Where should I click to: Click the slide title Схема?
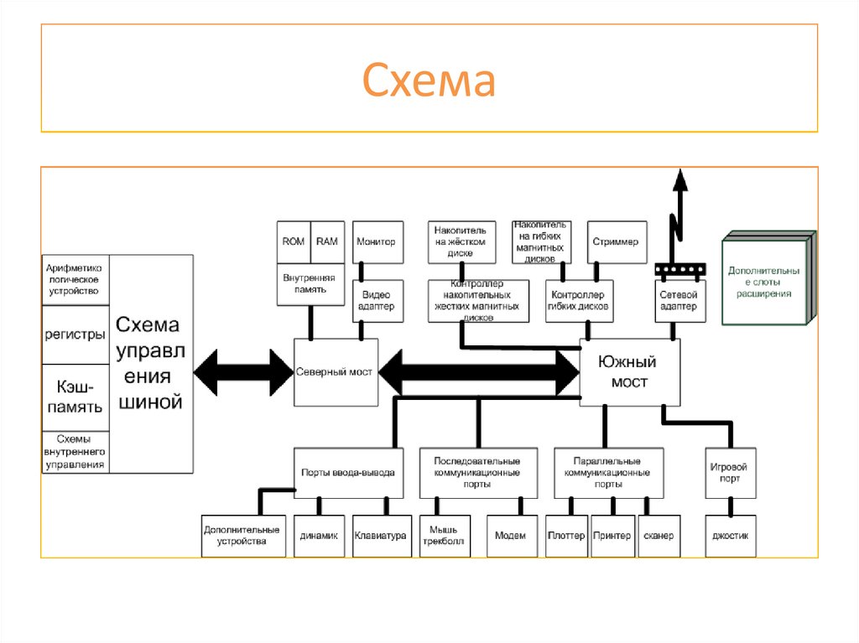[429, 81]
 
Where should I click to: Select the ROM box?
[294, 241]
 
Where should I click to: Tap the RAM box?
[327, 241]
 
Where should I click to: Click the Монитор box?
[377, 241]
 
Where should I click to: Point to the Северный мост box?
[336, 372]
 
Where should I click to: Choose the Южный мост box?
[629, 372]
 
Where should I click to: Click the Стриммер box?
[617, 241]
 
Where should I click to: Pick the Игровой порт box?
[730, 472]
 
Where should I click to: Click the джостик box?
[730, 536]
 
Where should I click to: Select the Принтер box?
[612, 536]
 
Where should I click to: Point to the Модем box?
[511, 536]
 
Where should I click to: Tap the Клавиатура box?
[381, 536]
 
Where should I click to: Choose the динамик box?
[319, 536]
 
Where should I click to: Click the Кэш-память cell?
[75, 397]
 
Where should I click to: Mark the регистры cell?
[75, 334]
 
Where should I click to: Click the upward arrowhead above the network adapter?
[679, 179]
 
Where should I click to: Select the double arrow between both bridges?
[478, 372]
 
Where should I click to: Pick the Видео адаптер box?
[377, 301]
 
